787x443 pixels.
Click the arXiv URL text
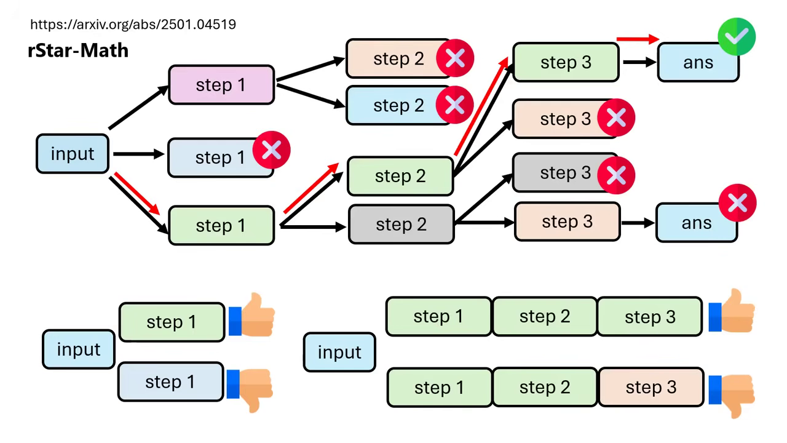133,25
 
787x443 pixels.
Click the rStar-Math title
78,50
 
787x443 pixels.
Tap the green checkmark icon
736,37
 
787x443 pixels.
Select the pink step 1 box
221,85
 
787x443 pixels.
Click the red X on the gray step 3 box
616,175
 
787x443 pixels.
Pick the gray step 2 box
400,225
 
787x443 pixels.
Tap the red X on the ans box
737,203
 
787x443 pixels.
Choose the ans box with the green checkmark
697,63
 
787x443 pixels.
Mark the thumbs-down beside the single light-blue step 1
250,388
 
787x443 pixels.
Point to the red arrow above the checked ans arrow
638,39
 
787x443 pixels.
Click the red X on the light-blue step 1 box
271,150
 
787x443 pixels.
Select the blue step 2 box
398,106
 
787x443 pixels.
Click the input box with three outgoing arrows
72,154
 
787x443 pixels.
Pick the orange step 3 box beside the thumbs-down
651,388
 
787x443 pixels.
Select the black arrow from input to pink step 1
138,108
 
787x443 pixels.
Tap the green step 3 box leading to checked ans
565,62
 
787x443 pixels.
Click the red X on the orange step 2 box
455,58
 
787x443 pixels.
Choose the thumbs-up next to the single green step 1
252,315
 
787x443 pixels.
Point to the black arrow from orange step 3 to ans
638,223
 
